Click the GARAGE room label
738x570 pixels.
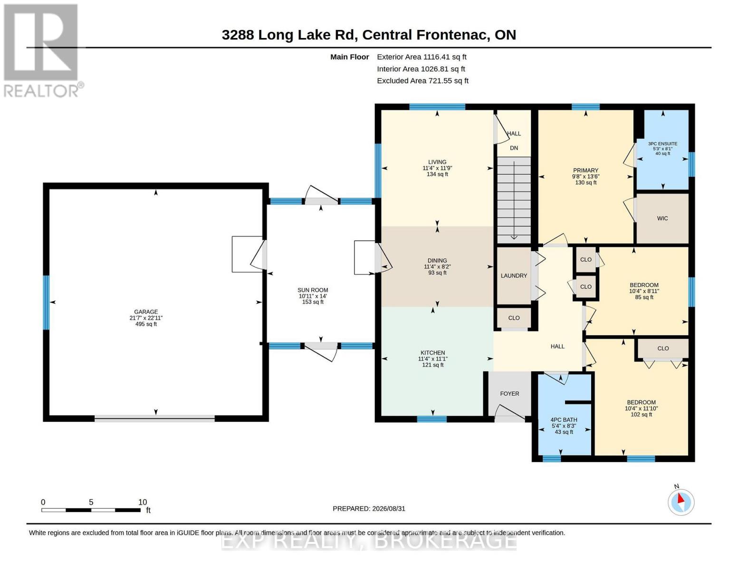[146, 312]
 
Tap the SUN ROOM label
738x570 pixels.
[313, 290]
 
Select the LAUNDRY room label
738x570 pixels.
[514, 275]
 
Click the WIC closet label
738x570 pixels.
[662, 218]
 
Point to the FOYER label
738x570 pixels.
[509, 393]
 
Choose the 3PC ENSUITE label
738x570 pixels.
[662, 143]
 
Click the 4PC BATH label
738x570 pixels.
[564, 419]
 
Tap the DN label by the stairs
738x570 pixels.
[514, 148]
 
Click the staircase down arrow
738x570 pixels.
[514, 200]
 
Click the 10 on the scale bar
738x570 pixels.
[143, 502]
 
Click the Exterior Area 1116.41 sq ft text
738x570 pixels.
[422, 57]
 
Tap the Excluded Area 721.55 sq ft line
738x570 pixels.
[422, 81]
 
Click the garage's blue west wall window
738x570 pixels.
[46, 302]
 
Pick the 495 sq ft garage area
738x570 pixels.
[146, 324]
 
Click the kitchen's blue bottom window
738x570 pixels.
[431, 419]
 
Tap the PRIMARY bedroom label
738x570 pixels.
[585, 171]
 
